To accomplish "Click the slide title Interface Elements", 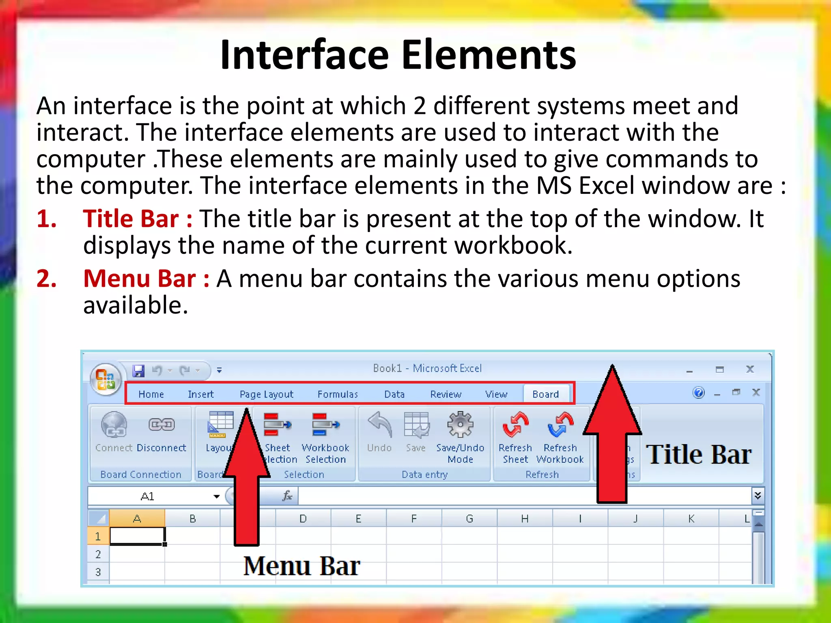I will coord(398,55).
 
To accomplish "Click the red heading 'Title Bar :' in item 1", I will coord(138,219).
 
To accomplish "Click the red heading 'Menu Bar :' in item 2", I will coord(146,279).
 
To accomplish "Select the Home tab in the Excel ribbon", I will coord(151,394).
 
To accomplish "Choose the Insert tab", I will coord(200,394).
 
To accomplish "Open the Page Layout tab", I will coord(266,394).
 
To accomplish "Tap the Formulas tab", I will coord(338,394).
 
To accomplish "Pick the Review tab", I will coord(446,394).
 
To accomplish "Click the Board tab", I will coord(545,394).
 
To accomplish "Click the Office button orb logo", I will coord(105,379).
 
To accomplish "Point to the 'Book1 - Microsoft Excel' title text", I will coord(427,368).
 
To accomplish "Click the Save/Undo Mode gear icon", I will coord(460,425).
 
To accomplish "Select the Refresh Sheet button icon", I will coord(515,425).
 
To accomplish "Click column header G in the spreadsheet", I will coord(469,519).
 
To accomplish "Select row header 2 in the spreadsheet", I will coord(98,554).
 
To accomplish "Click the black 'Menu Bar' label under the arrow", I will coord(301,566).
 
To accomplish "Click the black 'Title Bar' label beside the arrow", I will coord(698,454).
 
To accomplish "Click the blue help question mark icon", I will coord(698,393).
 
